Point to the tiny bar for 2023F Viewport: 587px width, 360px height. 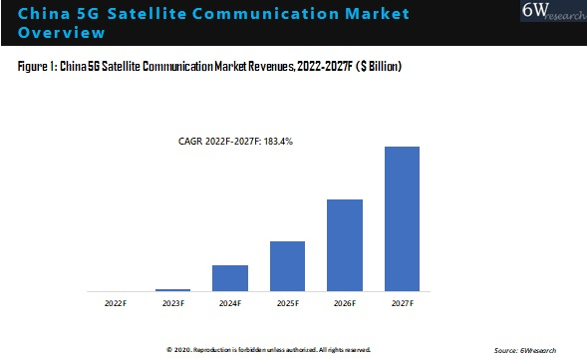[172, 289]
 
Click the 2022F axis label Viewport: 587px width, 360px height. [115, 301]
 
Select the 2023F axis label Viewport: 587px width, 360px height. [172, 301]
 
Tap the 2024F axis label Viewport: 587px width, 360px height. [230, 301]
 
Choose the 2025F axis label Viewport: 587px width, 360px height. [287, 301]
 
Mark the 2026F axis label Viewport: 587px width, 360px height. [344, 301]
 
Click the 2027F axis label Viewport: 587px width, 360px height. [402, 301]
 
